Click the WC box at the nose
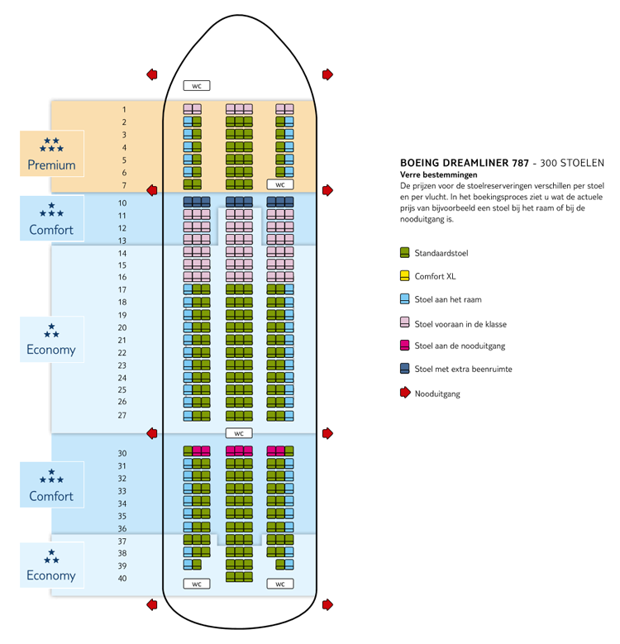coord(197,85)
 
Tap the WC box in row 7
coord(280,184)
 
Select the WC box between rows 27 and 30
coord(238,433)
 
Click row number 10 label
coord(122,203)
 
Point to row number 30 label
coord(122,453)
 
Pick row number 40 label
coord(122,578)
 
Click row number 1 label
coord(124,110)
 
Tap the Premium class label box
coord(51,154)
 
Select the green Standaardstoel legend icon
coord(405,253)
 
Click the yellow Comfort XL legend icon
coord(405,276)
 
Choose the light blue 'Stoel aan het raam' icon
coord(405,299)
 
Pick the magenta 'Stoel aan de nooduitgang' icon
coord(405,346)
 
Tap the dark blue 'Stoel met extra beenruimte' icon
coord(405,369)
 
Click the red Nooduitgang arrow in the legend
coord(405,393)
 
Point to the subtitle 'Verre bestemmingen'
coord(435,175)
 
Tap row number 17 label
coord(122,290)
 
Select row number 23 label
coord(122,365)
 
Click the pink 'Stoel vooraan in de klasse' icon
coord(405,322)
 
